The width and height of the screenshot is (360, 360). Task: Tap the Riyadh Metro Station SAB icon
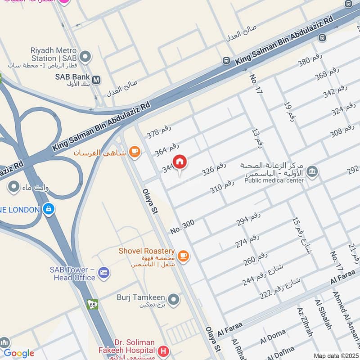85,57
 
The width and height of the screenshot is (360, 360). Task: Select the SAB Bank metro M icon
96,80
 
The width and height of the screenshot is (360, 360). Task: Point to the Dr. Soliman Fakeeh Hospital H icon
164,350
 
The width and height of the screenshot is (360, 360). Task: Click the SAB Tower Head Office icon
104,273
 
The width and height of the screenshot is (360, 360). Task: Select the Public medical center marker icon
312,171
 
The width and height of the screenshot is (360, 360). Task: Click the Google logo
18,353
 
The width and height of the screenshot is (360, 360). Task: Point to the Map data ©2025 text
336,355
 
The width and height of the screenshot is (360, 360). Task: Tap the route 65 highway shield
93,304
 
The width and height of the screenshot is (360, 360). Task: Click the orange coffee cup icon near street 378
134,153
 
